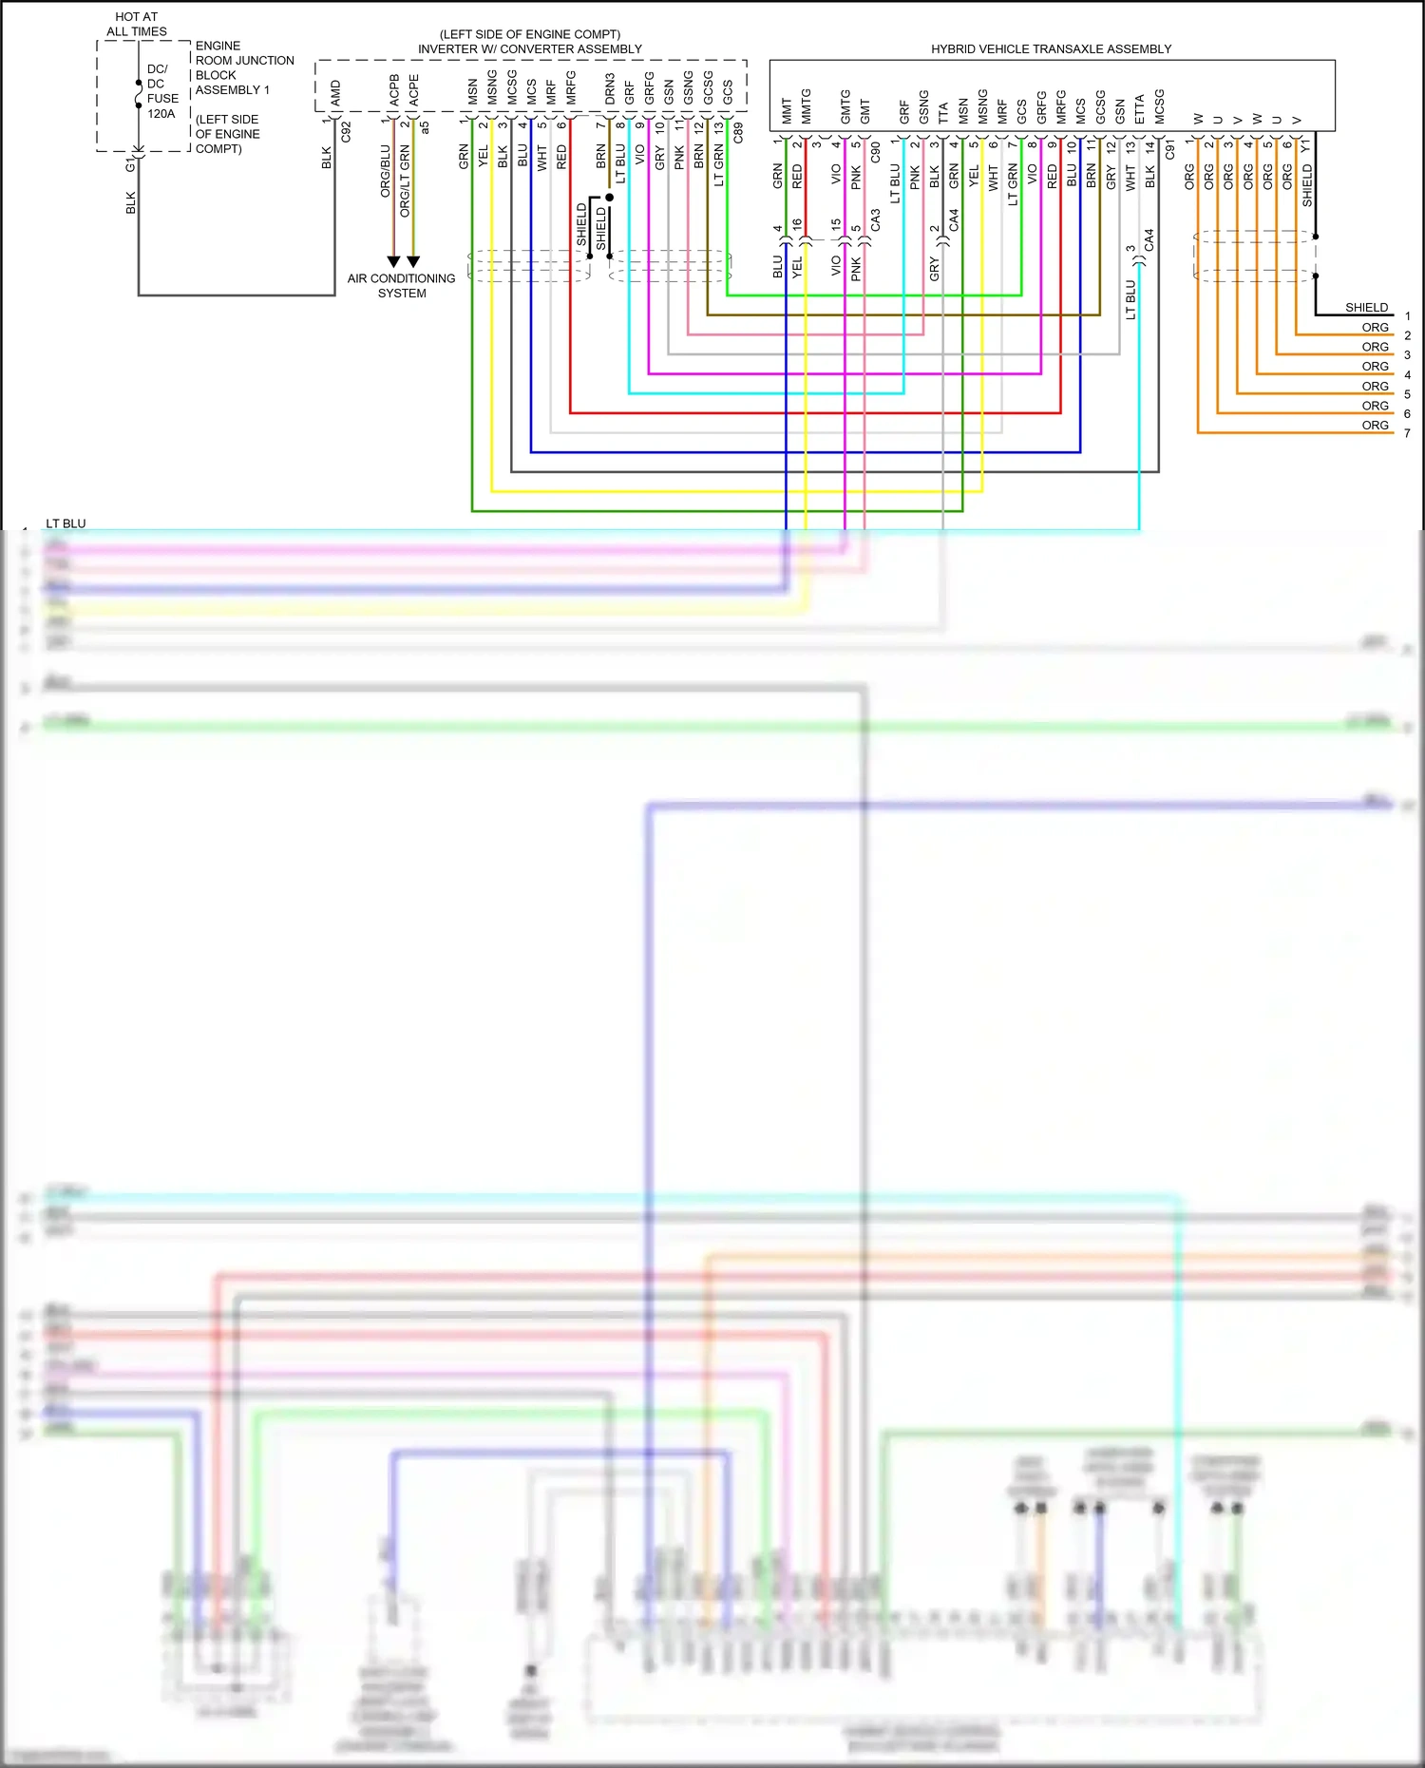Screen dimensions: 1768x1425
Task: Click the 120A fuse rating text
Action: pyautogui.click(x=161, y=114)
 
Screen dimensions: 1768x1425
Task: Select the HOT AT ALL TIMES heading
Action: pyautogui.click(x=137, y=24)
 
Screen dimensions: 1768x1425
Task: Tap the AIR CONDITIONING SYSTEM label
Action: pyautogui.click(x=401, y=286)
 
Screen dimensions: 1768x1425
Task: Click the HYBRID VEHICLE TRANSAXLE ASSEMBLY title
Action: pyautogui.click(x=1051, y=48)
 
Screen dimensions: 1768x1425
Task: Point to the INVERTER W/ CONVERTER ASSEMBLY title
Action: pyautogui.click(x=530, y=48)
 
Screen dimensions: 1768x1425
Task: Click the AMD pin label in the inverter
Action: pyautogui.click(x=335, y=92)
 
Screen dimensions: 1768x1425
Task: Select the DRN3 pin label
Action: pyautogui.click(x=610, y=88)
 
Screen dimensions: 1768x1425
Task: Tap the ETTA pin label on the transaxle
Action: pyautogui.click(x=1139, y=109)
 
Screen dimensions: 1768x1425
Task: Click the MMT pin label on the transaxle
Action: pyautogui.click(x=787, y=111)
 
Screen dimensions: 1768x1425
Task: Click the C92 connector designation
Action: pyautogui.click(x=346, y=132)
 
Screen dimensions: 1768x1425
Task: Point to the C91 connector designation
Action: pyautogui.click(x=1169, y=150)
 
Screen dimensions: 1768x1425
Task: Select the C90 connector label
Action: pyautogui.click(x=875, y=151)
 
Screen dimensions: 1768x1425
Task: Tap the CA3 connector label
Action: pyautogui.click(x=875, y=220)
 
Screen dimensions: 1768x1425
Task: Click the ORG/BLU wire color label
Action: pyautogui.click(x=385, y=171)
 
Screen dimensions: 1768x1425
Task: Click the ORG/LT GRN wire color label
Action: pyautogui.click(x=405, y=181)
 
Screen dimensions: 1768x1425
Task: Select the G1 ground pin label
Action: pyautogui.click(x=130, y=165)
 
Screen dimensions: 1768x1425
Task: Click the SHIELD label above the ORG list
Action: pyautogui.click(x=1366, y=307)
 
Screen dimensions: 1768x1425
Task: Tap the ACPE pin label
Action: pyautogui.click(x=413, y=90)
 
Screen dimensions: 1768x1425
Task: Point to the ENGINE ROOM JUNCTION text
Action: pyautogui.click(x=244, y=53)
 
